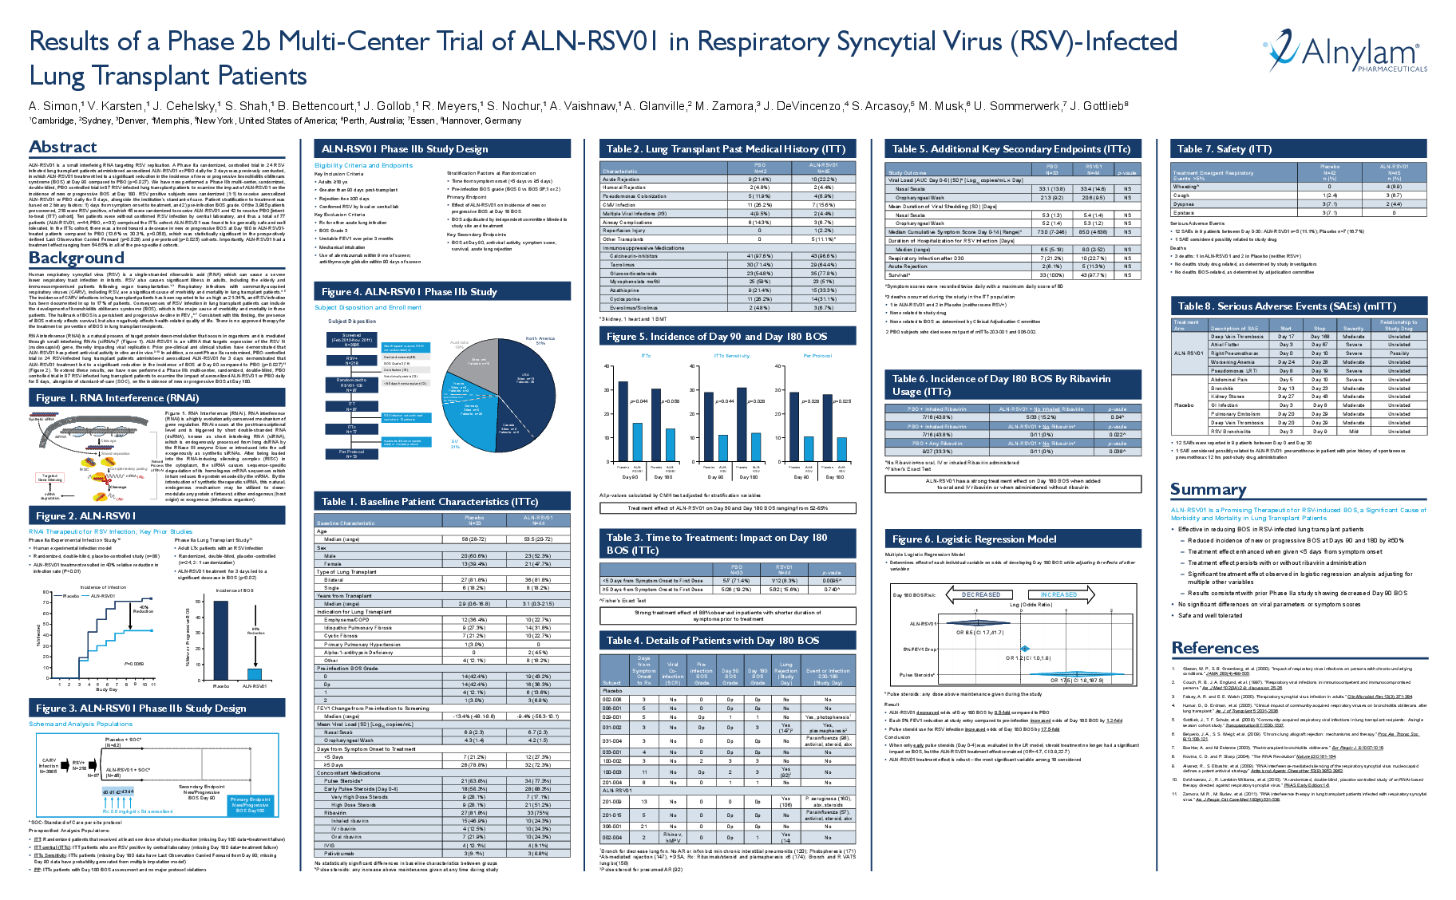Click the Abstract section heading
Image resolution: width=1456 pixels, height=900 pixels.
(63, 147)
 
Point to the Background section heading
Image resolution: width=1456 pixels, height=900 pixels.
(77, 258)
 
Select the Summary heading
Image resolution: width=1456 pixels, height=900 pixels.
(1208, 489)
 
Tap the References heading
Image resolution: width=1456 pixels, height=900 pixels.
(1215, 648)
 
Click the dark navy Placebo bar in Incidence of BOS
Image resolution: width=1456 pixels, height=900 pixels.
(220, 639)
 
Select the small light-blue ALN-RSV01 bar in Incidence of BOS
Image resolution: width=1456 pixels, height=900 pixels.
(255, 673)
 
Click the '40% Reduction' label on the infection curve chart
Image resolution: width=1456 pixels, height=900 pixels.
(143, 609)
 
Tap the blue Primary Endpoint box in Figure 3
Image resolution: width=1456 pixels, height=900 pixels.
(251, 804)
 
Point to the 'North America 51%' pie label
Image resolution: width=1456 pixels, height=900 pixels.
(540, 341)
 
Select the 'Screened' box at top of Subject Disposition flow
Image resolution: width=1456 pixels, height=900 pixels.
(351, 339)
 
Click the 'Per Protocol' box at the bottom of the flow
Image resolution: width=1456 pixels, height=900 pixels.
(351, 453)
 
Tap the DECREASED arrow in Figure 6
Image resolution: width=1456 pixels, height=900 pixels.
(979, 594)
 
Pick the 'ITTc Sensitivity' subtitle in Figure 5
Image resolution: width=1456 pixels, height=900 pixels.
(731, 356)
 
